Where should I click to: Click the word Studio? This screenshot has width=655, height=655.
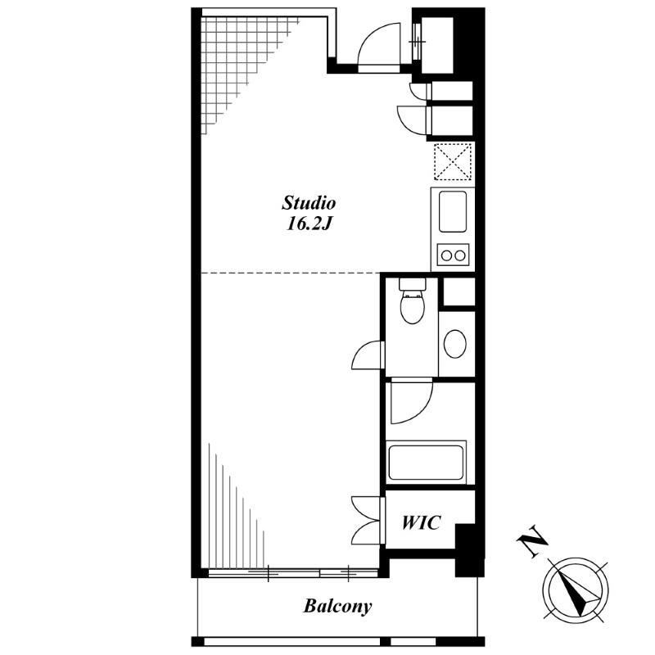(x=309, y=203)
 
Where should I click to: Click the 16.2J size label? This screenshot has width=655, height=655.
(x=309, y=224)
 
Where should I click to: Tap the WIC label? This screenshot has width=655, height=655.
(x=421, y=522)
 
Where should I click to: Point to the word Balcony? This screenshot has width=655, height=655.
(x=337, y=606)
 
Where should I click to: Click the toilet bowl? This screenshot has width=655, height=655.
(x=413, y=308)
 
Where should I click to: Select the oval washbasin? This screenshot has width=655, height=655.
(x=455, y=344)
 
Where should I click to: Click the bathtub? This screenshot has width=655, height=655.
(x=426, y=463)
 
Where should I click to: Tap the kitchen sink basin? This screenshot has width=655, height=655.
(x=453, y=211)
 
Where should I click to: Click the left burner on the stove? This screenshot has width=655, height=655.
(x=446, y=255)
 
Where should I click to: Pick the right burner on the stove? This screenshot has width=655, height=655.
(x=460, y=255)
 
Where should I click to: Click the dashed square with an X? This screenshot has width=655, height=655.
(x=453, y=161)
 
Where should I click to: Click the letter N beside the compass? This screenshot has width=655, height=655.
(x=532, y=542)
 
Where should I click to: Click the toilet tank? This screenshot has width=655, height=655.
(x=413, y=284)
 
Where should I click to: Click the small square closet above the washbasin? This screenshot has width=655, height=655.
(x=458, y=291)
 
